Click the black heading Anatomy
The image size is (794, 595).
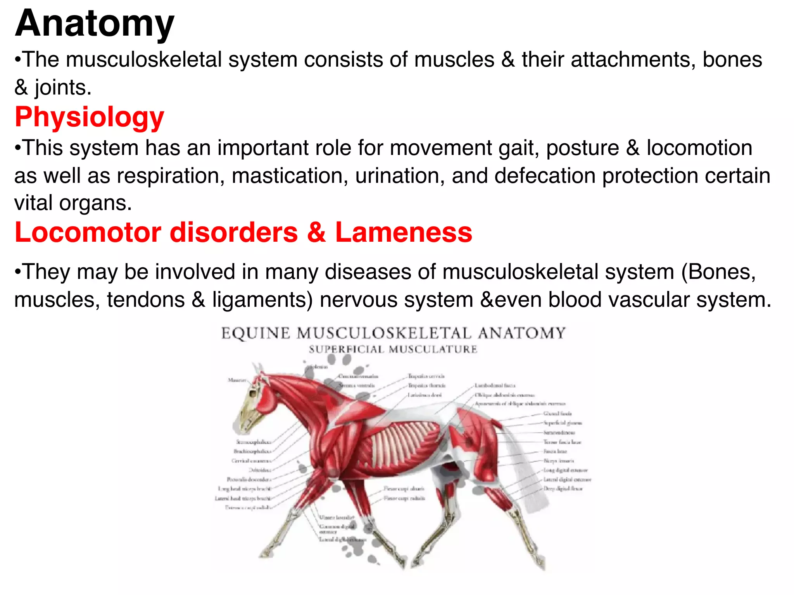(x=95, y=24)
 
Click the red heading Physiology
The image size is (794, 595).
(x=90, y=117)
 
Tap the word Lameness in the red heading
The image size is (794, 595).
(x=404, y=232)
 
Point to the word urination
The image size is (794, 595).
(x=399, y=175)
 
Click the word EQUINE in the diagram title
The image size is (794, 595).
(x=255, y=334)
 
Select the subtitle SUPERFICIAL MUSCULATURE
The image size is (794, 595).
(x=393, y=349)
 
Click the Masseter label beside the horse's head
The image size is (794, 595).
(x=237, y=380)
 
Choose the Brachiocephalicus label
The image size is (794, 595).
(x=252, y=451)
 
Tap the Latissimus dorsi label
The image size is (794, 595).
(x=425, y=395)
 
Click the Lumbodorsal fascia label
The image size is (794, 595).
(x=495, y=385)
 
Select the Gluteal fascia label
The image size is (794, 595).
(x=558, y=414)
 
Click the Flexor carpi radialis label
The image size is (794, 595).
(x=404, y=498)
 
